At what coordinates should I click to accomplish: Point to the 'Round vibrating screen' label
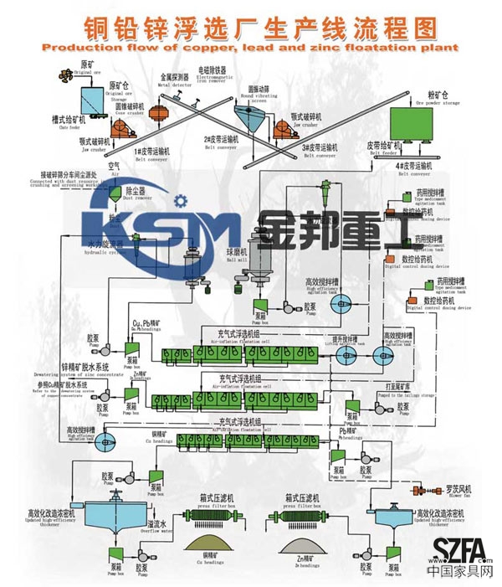259,93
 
